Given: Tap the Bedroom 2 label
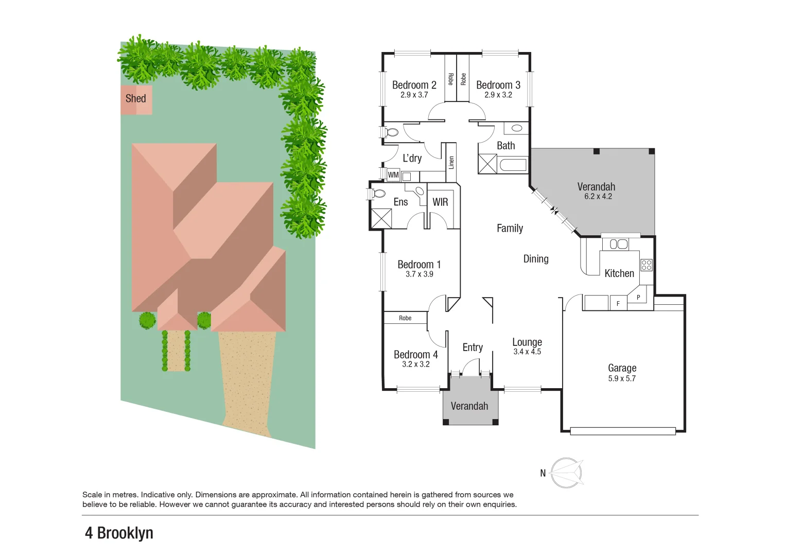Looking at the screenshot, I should (414, 85).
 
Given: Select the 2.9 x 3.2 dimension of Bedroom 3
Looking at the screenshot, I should (498, 95).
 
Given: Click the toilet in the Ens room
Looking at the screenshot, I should (378, 194).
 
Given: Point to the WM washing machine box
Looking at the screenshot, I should (393, 175).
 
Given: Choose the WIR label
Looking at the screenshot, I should (440, 202).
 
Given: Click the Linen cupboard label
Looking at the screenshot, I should (451, 163).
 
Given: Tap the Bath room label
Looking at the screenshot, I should (505, 146).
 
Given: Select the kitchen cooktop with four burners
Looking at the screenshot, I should (647, 265).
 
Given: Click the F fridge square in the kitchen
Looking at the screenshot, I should (618, 304).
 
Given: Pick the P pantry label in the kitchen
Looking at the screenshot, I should (638, 298).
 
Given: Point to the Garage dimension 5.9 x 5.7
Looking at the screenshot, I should (622, 378).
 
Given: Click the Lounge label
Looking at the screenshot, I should (527, 342).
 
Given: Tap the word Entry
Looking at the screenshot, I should (473, 347).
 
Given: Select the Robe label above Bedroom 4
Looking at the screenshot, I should (405, 318).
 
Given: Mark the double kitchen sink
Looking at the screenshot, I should (619, 244).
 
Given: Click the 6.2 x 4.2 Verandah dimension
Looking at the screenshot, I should (598, 197).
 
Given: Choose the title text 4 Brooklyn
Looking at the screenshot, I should (119, 533).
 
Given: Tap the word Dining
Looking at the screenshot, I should (536, 259).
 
